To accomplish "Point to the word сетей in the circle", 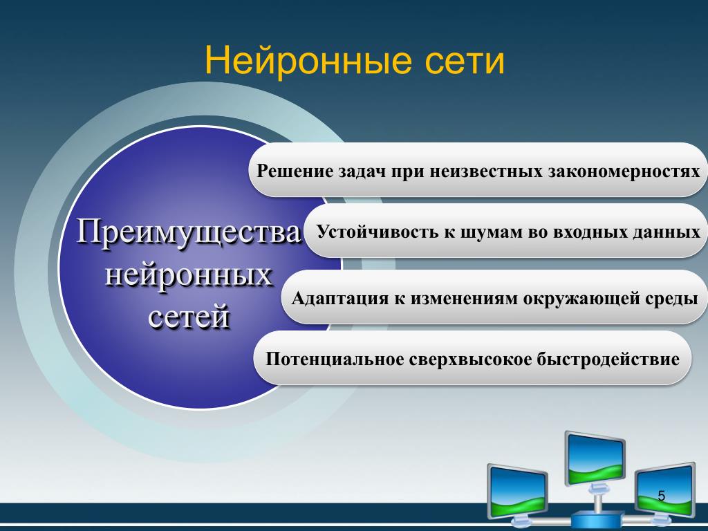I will click(x=188, y=317).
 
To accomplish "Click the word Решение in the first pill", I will click(x=295, y=170).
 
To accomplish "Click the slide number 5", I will click(x=662, y=496).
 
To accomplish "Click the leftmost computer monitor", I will click(x=517, y=490).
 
